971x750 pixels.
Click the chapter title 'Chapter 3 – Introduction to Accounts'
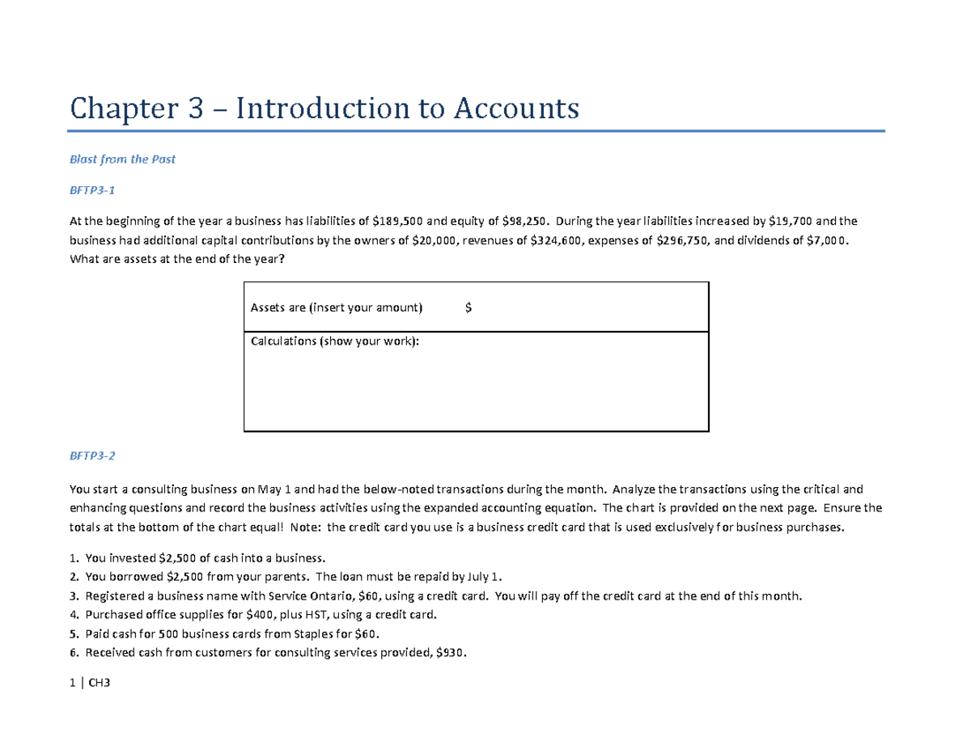tap(324, 108)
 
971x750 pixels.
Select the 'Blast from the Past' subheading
tap(122, 159)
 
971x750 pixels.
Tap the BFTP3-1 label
tap(92, 190)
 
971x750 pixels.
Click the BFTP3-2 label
tap(92, 456)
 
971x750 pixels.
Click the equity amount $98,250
tap(526, 221)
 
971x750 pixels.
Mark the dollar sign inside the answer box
tap(469, 307)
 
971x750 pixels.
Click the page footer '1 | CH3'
tap(90, 684)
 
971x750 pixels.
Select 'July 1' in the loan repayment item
tap(484, 577)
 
